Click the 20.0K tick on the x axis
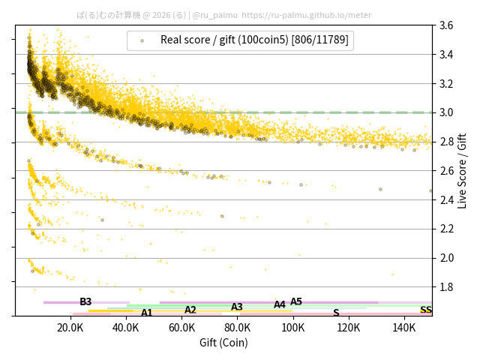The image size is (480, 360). tap(70, 328)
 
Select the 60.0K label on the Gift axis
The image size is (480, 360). tap(181, 328)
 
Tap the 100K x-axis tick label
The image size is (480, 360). tap(293, 328)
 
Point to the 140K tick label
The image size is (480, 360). tap(404, 328)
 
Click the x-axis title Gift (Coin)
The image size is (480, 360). tap(223, 343)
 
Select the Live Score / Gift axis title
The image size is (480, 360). tap(462, 170)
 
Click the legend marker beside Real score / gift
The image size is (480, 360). tap(142, 40)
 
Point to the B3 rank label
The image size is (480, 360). tap(85, 301)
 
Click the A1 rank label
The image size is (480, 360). tap(147, 313)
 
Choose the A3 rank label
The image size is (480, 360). tap(237, 307)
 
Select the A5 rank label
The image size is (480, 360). tap(296, 301)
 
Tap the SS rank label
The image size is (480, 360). tap(426, 310)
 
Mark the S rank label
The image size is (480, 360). tap(336, 313)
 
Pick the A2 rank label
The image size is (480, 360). tap(190, 310)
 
